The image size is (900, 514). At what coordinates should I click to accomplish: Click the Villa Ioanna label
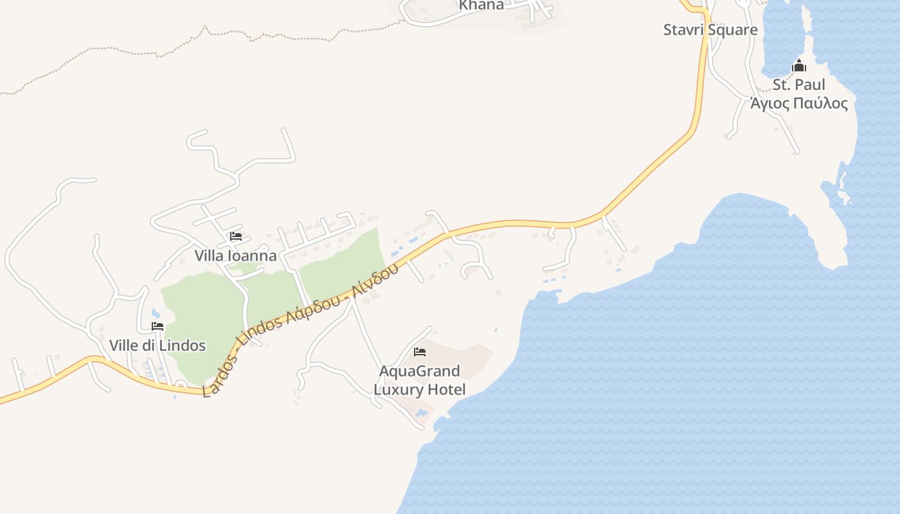tap(235, 256)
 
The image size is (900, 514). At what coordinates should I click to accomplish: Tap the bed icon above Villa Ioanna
tap(236, 236)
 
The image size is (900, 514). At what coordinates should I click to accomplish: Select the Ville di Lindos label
tap(157, 346)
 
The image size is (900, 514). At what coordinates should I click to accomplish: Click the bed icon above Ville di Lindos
tap(157, 326)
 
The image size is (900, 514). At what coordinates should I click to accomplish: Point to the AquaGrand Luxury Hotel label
tap(420, 380)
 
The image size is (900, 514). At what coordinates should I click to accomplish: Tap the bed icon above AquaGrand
tap(420, 352)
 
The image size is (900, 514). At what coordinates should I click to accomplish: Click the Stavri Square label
tap(710, 30)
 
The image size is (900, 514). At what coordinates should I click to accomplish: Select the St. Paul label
tap(798, 85)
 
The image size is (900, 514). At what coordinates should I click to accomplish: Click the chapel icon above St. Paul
tap(799, 66)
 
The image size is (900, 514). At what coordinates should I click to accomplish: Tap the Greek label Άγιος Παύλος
tap(799, 103)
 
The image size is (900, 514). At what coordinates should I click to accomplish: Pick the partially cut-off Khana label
tap(482, 5)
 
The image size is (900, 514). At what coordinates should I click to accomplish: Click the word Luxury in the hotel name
tap(401, 389)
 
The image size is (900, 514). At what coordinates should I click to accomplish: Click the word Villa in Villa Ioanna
tap(209, 256)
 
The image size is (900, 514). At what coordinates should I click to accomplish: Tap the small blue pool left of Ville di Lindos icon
tap(156, 314)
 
